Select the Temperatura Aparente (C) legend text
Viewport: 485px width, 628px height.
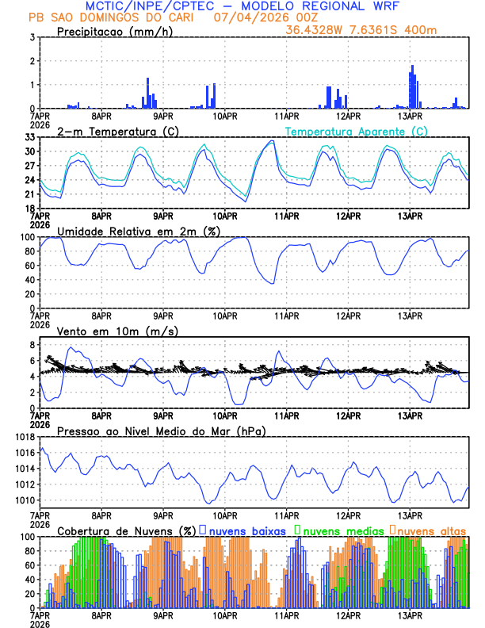(x=357, y=131)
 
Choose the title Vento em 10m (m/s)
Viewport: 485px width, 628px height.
(x=117, y=331)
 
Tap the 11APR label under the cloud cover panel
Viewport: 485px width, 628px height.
(x=286, y=615)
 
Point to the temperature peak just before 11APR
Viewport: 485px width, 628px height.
(x=272, y=141)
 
